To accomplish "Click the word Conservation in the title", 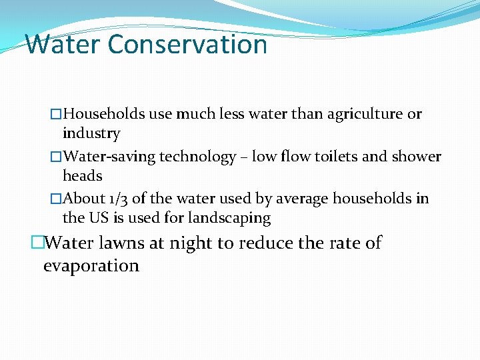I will pos(187,45).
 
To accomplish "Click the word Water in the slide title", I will pos(63,45).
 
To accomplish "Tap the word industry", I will pos(91,133).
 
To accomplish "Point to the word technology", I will pos(196,157).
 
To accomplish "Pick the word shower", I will pos(413,157).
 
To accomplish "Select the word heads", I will pos(83,176).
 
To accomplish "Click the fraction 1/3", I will pos(119,199).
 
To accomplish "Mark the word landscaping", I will pos(229,218).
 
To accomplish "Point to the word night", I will pos(194,243).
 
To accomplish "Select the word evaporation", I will pos(91,266).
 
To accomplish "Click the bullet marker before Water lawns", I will pos(37,243).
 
